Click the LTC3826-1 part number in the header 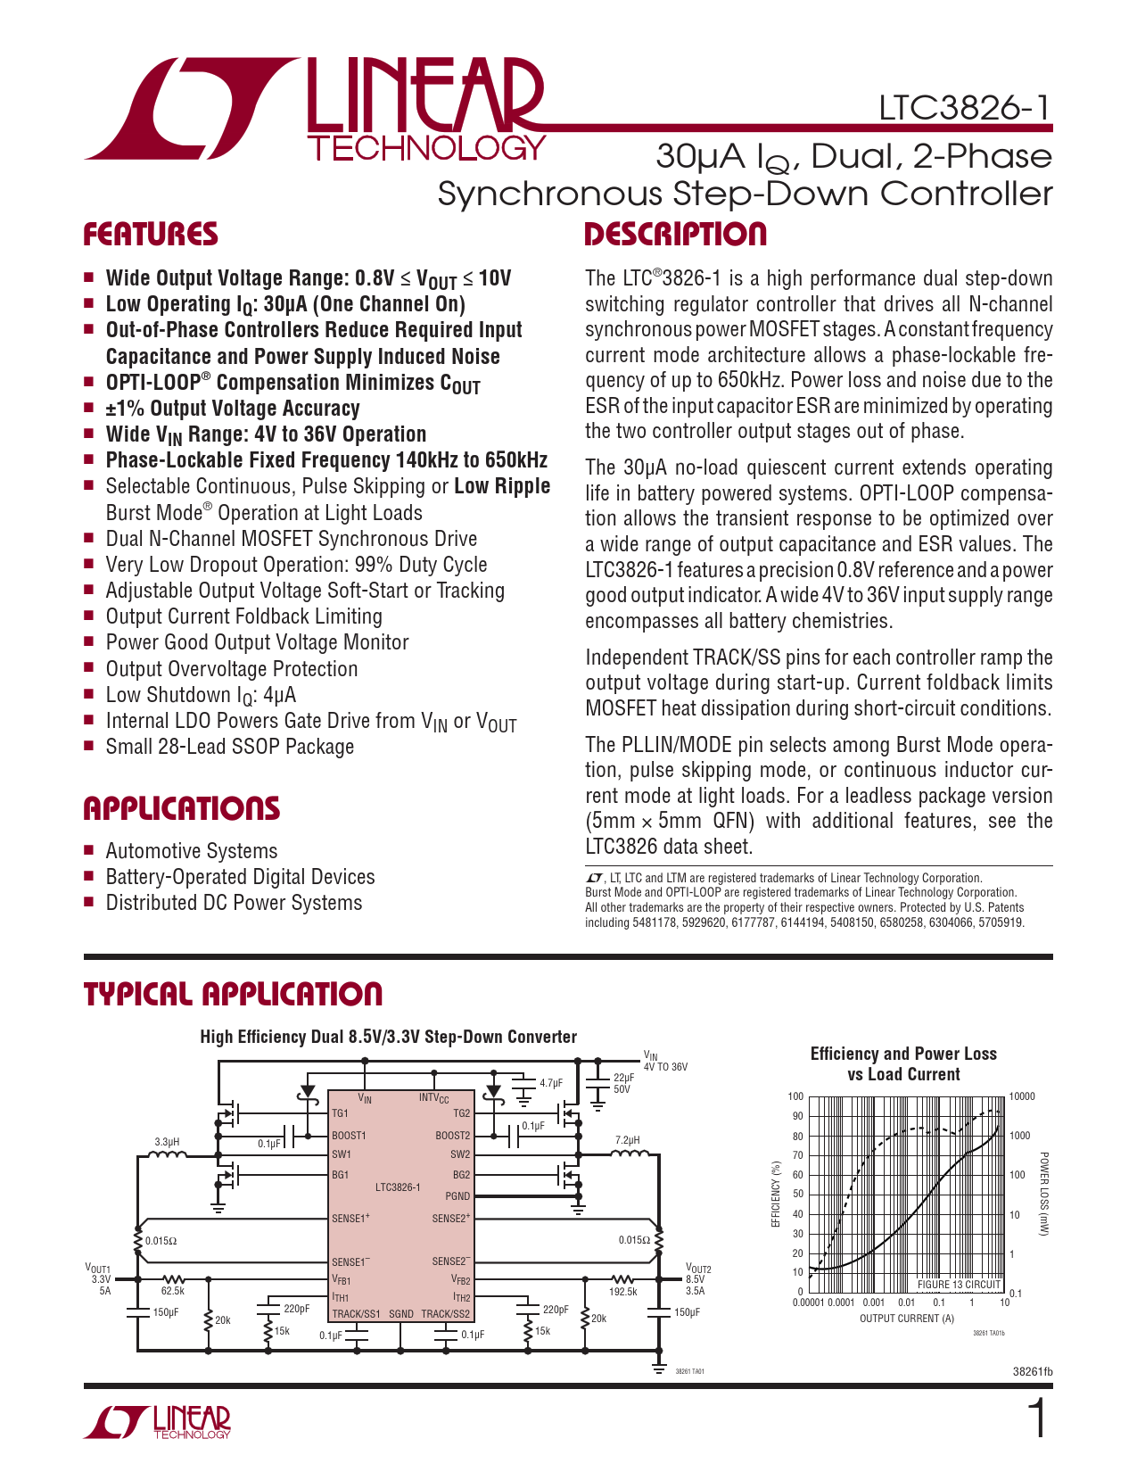click(965, 108)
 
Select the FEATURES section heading click(151, 235)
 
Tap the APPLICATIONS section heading click(182, 809)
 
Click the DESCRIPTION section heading click(675, 235)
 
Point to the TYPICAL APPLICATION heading click(233, 994)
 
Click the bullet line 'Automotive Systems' click(191, 851)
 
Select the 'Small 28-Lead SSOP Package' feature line click(229, 747)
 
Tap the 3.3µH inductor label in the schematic click(167, 1142)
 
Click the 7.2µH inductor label click(628, 1140)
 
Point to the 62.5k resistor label click(172, 1291)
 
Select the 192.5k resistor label click(622, 1291)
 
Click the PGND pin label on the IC click(457, 1196)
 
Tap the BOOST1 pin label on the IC click(349, 1136)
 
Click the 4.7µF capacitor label click(551, 1083)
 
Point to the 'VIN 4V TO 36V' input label click(664, 1062)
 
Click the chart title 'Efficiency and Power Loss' click(902, 1054)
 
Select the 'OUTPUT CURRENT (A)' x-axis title click(906, 1319)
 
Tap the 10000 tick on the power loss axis click(1022, 1096)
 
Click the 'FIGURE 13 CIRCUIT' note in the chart click(959, 1285)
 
